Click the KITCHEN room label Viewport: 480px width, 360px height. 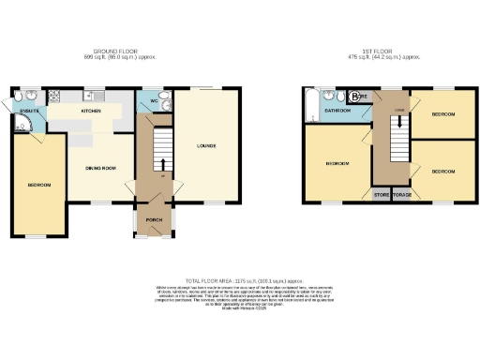tap(91, 112)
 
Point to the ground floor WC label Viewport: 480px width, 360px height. tap(153, 101)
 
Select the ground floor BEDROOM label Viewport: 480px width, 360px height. tap(38, 185)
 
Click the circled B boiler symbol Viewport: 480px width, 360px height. tap(352, 96)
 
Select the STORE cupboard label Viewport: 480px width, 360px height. tap(382, 196)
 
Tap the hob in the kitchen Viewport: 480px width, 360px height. tap(54, 95)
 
